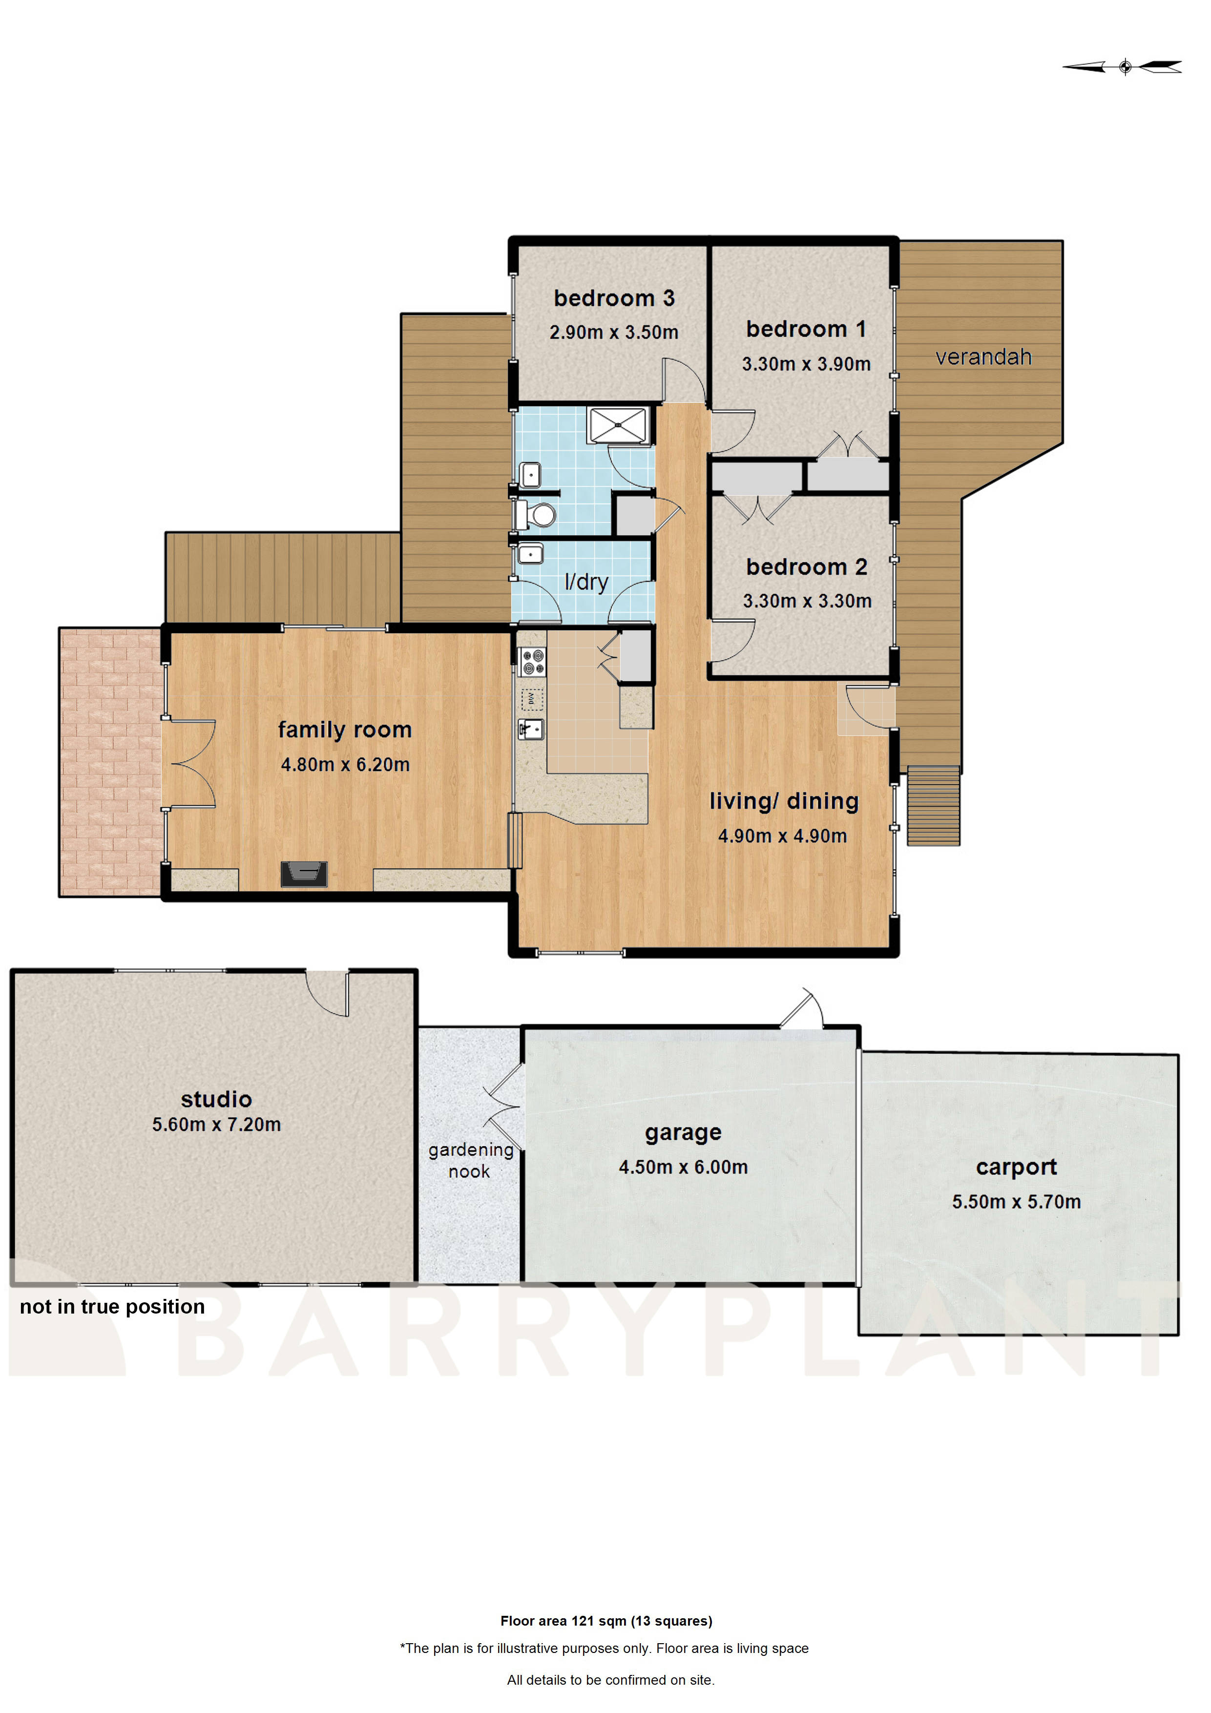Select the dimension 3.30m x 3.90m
click(805, 364)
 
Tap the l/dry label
click(586, 582)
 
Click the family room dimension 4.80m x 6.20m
click(345, 765)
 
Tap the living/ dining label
click(783, 801)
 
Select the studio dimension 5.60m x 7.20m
click(216, 1125)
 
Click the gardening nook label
click(470, 1160)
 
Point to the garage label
click(683, 1132)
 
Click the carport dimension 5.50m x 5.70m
click(1016, 1202)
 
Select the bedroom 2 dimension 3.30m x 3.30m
click(807, 601)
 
